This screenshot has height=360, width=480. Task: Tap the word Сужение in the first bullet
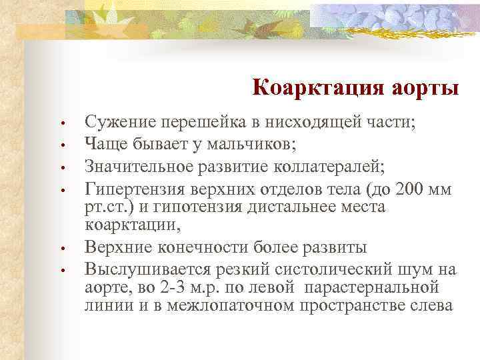(x=117, y=123)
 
